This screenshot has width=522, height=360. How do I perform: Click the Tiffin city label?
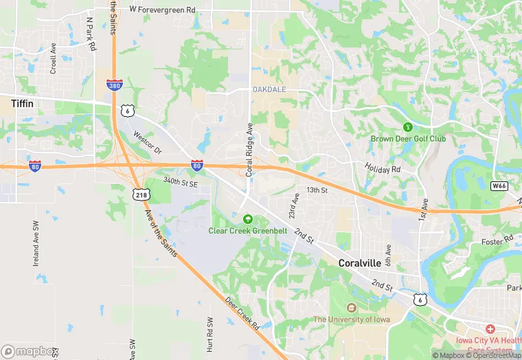(23, 104)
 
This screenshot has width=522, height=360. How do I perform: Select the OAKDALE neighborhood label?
(269, 90)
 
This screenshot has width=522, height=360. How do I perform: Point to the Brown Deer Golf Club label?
(408, 139)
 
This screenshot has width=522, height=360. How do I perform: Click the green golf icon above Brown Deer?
(407, 126)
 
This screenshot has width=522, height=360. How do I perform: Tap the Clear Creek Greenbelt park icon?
(247, 219)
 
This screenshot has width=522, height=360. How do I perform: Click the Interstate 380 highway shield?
(115, 85)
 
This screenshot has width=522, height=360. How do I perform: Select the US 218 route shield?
(142, 195)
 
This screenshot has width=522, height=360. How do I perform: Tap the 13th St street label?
(317, 190)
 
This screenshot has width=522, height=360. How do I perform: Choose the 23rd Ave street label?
(295, 206)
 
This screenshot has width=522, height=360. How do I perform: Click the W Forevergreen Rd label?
(162, 10)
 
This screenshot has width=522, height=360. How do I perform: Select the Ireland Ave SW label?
(36, 244)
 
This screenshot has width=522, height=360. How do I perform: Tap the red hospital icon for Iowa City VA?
(490, 330)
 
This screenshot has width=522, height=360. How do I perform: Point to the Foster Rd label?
(497, 240)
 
